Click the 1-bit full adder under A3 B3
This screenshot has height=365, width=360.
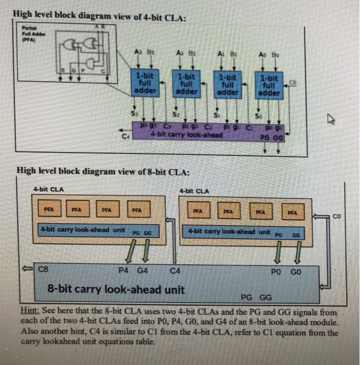[145, 83]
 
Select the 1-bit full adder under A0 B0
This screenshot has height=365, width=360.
[269, 86]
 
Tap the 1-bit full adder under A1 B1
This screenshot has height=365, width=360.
[227, 84]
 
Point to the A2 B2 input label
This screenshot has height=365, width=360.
[187, 53]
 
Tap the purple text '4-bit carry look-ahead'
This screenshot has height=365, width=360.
[186, 135]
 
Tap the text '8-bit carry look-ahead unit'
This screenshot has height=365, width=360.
[116, 289]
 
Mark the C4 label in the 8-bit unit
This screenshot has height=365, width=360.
[175, 271]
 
